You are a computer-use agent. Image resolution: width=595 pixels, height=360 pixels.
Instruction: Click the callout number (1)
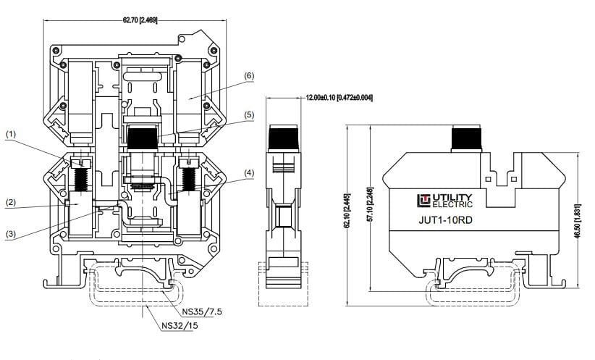click(x=12, y=134)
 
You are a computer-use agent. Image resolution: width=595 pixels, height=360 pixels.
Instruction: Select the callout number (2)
click(x=11, y=203)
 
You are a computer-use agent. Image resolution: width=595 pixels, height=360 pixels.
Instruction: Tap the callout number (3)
click(x=11, y=234)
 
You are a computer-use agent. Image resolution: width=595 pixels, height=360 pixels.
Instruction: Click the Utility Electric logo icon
click(x=424, y=201)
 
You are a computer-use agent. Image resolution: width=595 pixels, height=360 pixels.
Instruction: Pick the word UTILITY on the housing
click(x=452, y=197)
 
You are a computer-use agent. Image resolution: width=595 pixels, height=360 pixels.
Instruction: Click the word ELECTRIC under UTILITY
click(x=452, y=204)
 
